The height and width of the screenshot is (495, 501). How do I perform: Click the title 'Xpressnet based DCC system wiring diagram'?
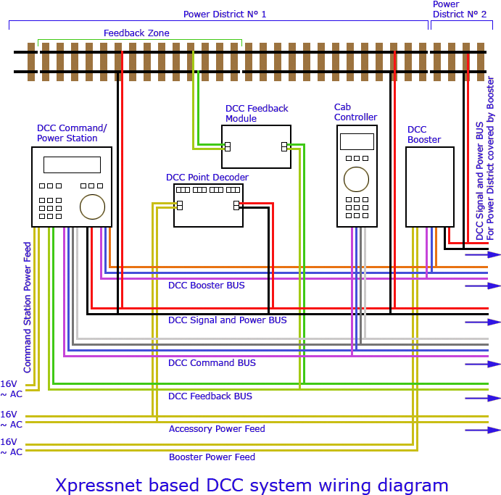pos(252,484)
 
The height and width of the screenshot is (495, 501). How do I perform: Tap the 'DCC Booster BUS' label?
pos(207,285)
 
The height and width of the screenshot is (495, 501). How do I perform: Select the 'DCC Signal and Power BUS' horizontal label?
pos(228,320)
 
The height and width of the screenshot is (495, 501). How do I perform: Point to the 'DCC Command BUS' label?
pos(212,362)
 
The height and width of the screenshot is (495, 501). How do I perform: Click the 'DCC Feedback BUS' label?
pos(210,396)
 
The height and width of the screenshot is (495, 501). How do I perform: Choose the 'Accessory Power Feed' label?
pos(217,429)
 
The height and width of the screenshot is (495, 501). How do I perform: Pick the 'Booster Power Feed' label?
pos(212,457)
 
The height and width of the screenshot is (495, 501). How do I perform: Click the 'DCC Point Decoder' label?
pos(207,177)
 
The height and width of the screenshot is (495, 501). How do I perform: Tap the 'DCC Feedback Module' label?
pos(257,113)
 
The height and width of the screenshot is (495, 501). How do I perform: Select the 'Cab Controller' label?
pos(355,112)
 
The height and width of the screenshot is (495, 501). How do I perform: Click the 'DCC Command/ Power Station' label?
pos(72,133)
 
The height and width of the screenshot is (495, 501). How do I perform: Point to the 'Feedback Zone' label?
pos(136,33)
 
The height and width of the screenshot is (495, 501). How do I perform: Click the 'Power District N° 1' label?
pos(224,14)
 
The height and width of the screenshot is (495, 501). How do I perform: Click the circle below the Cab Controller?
pos(356,179)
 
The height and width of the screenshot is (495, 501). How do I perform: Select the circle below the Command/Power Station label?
pos(92,207)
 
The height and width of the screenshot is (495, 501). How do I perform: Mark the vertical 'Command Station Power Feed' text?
pos(28,307)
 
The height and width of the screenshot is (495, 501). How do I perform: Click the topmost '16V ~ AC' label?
pos(11,388)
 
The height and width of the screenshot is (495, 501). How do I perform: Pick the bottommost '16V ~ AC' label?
pos(11,446)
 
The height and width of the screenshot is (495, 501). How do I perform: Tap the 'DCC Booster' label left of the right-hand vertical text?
pos(425,134)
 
